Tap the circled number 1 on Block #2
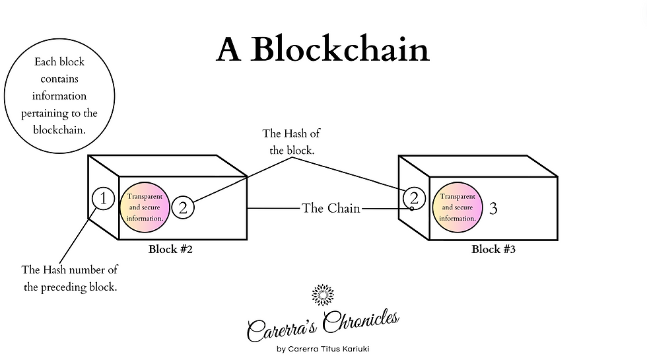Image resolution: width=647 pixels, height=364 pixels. pyautogui.click(x=103, y=198)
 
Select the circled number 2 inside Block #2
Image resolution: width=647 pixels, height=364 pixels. pyautogui.click(x=184, y=207)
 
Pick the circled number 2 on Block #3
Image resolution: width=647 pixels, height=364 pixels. pyautogui.click(x=414, y=198)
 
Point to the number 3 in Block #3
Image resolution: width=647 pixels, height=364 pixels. pyautogui.click(x=493, y=209)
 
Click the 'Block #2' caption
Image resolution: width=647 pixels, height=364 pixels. pyautogui.click(x=170, y=250)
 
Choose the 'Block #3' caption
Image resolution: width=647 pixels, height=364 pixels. pyautogui.click(x=493, y=250)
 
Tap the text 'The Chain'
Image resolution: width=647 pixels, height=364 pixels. pyautogui.click(x=331, y=208)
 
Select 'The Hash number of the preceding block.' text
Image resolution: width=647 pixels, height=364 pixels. pyautogui.click(x=69, y=278)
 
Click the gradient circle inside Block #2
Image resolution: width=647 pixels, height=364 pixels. pyautogui.click(x=145, y=207)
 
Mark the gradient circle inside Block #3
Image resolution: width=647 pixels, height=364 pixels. pyautogui.click(x=457, y=207)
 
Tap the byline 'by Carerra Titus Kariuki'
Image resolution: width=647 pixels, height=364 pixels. pyautogui.click(x=323, y=349)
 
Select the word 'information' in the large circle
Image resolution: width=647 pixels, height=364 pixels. pyautogui.click(x=59, y=96)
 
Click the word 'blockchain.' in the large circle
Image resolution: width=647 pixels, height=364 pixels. pyautogui.click(x=59, y=130)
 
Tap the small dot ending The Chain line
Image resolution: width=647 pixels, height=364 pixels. pyautogui.click(x=411, y=209)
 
